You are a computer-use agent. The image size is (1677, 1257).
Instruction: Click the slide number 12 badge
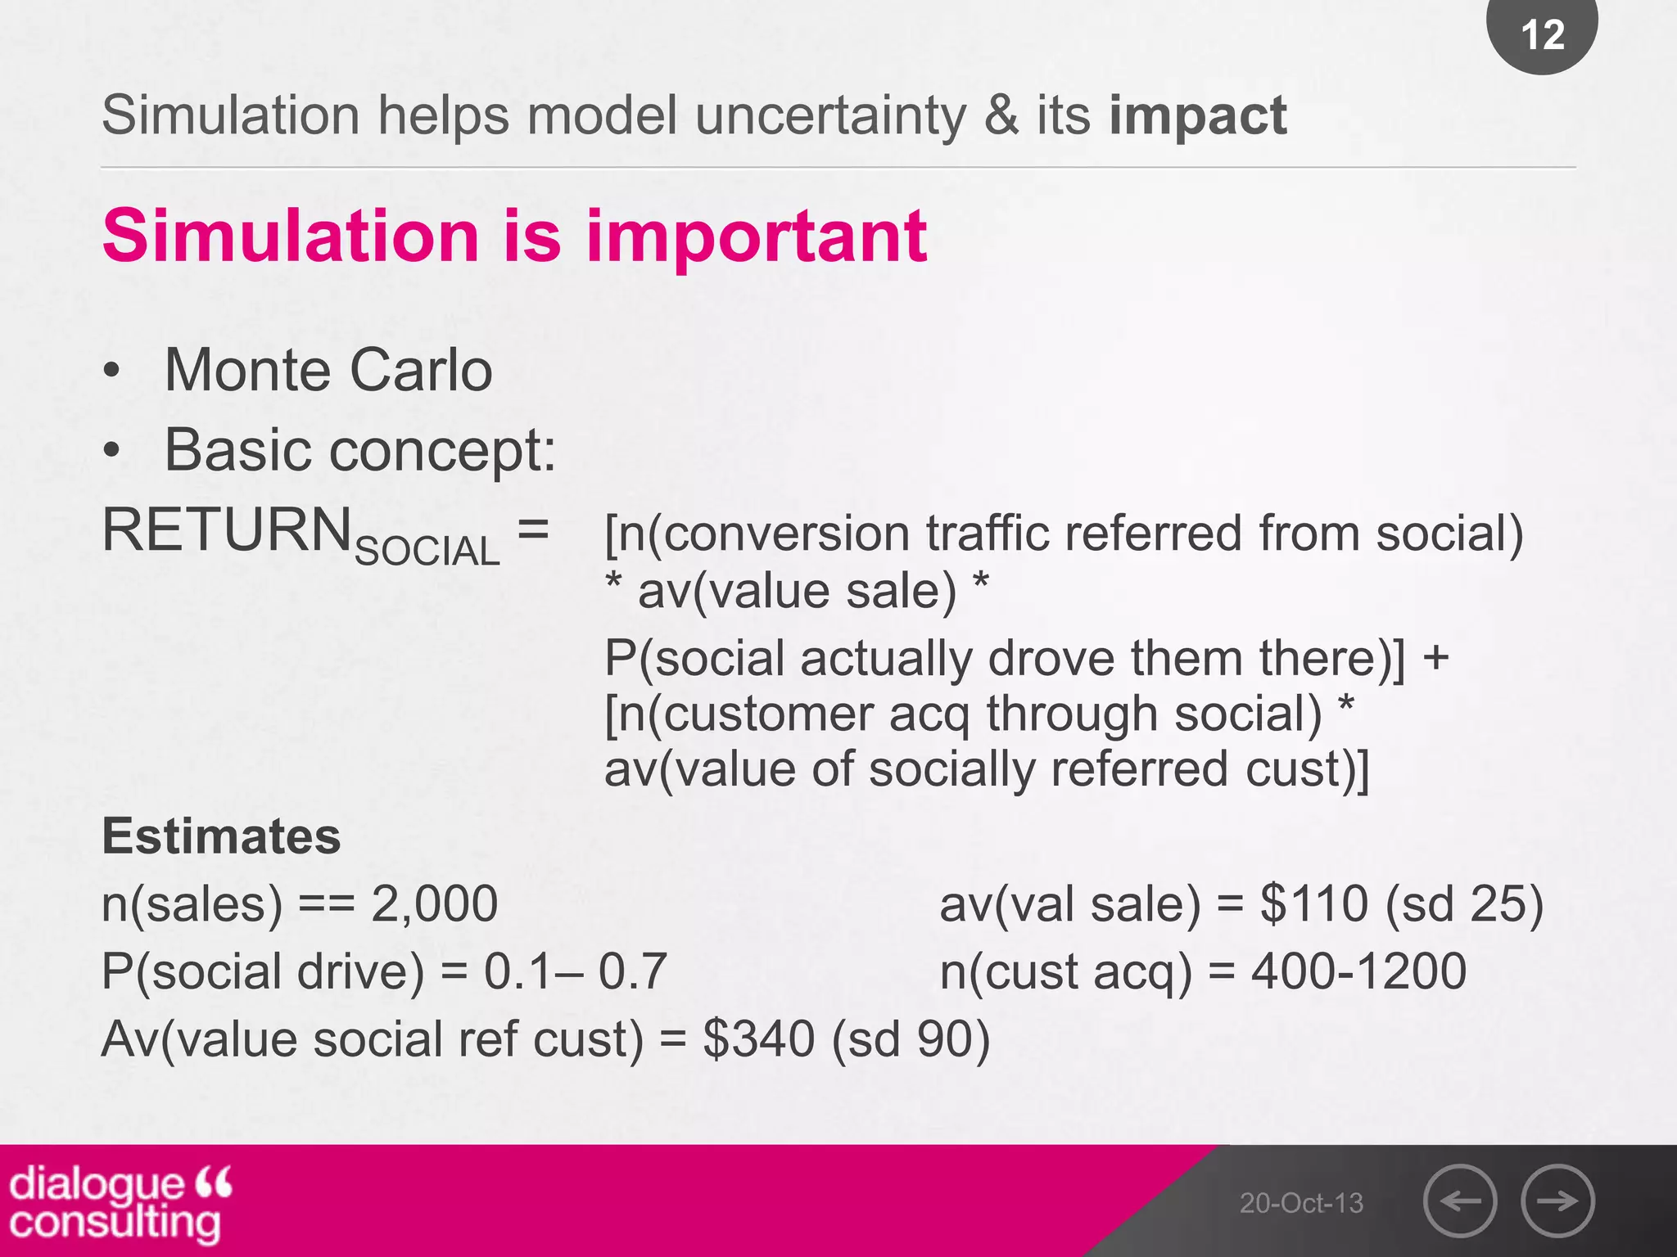pyautogui.click(x=1542, y=35)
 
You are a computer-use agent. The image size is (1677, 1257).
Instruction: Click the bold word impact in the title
pyautogui.click(x=1197, y=115)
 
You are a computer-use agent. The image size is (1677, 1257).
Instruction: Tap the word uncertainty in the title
pyautogui.click(x=830, y=115)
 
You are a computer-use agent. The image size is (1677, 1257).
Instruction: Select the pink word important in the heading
pyautogui.click(x=756, y=237)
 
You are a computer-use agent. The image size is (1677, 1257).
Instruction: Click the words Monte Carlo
pyautogui.click(x=328, y=371)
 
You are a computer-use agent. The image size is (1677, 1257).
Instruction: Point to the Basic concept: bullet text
pyautogui.click(x=360, y=451)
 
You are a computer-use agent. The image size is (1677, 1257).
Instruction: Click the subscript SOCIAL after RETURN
pyautogui.click(x=427, y=551)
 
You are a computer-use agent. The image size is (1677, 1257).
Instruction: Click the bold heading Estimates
pyautogui.click(x=221, y=837)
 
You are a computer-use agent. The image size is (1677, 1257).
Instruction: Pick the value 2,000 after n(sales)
pyautogui.click(x=434, y=904)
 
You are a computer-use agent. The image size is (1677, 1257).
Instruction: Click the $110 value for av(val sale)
pyautogui.click(x=1313, y=904)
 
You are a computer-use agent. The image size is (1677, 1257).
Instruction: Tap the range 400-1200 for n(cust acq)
pyautogui.click(x=1358, y=971)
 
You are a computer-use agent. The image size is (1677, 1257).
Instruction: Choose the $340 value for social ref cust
pyautogui.click(x=758, y=1039)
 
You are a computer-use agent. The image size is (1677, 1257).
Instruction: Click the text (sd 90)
pyautogui.click(x=911, y=1039)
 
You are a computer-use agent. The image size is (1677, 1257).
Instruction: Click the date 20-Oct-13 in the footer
pyautogui.click(x=1301, y=1203)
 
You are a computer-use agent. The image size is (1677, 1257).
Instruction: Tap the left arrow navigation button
pyautogui.click(x=1460, y=1201)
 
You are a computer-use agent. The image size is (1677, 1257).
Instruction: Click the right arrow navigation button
pyautogui.click(x=1557, y=1201)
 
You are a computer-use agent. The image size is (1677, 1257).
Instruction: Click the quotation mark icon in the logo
pyautogui.click(x=215, y=1183)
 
